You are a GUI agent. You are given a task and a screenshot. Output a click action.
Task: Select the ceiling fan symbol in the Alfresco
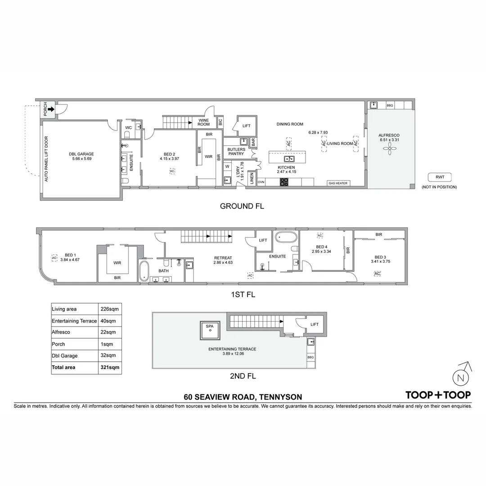point(388,152)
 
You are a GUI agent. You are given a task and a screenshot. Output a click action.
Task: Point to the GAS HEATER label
point(338,183)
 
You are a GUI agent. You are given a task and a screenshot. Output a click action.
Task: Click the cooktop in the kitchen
point(284,182)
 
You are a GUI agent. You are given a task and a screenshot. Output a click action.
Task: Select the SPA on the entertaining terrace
point(210,329)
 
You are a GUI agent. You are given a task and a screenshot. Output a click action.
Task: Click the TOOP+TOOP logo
point(438,395)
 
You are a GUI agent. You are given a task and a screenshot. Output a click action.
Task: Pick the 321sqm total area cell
point(110,367)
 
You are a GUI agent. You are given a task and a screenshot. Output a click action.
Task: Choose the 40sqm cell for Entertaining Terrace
point(108,321)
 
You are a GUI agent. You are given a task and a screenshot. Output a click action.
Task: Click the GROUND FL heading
point(242,206)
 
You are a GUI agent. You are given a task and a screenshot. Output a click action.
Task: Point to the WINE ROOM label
point(204,122)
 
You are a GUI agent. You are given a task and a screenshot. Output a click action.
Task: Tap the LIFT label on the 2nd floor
point(314,324)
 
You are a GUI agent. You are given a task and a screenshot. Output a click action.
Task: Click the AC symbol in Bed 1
point(54,258)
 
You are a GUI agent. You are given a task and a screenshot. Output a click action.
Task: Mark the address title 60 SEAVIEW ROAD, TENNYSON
point(243,397)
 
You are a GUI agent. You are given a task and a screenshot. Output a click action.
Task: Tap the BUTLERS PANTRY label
point(236,152)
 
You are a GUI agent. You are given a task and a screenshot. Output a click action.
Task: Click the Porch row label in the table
point(58,344)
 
